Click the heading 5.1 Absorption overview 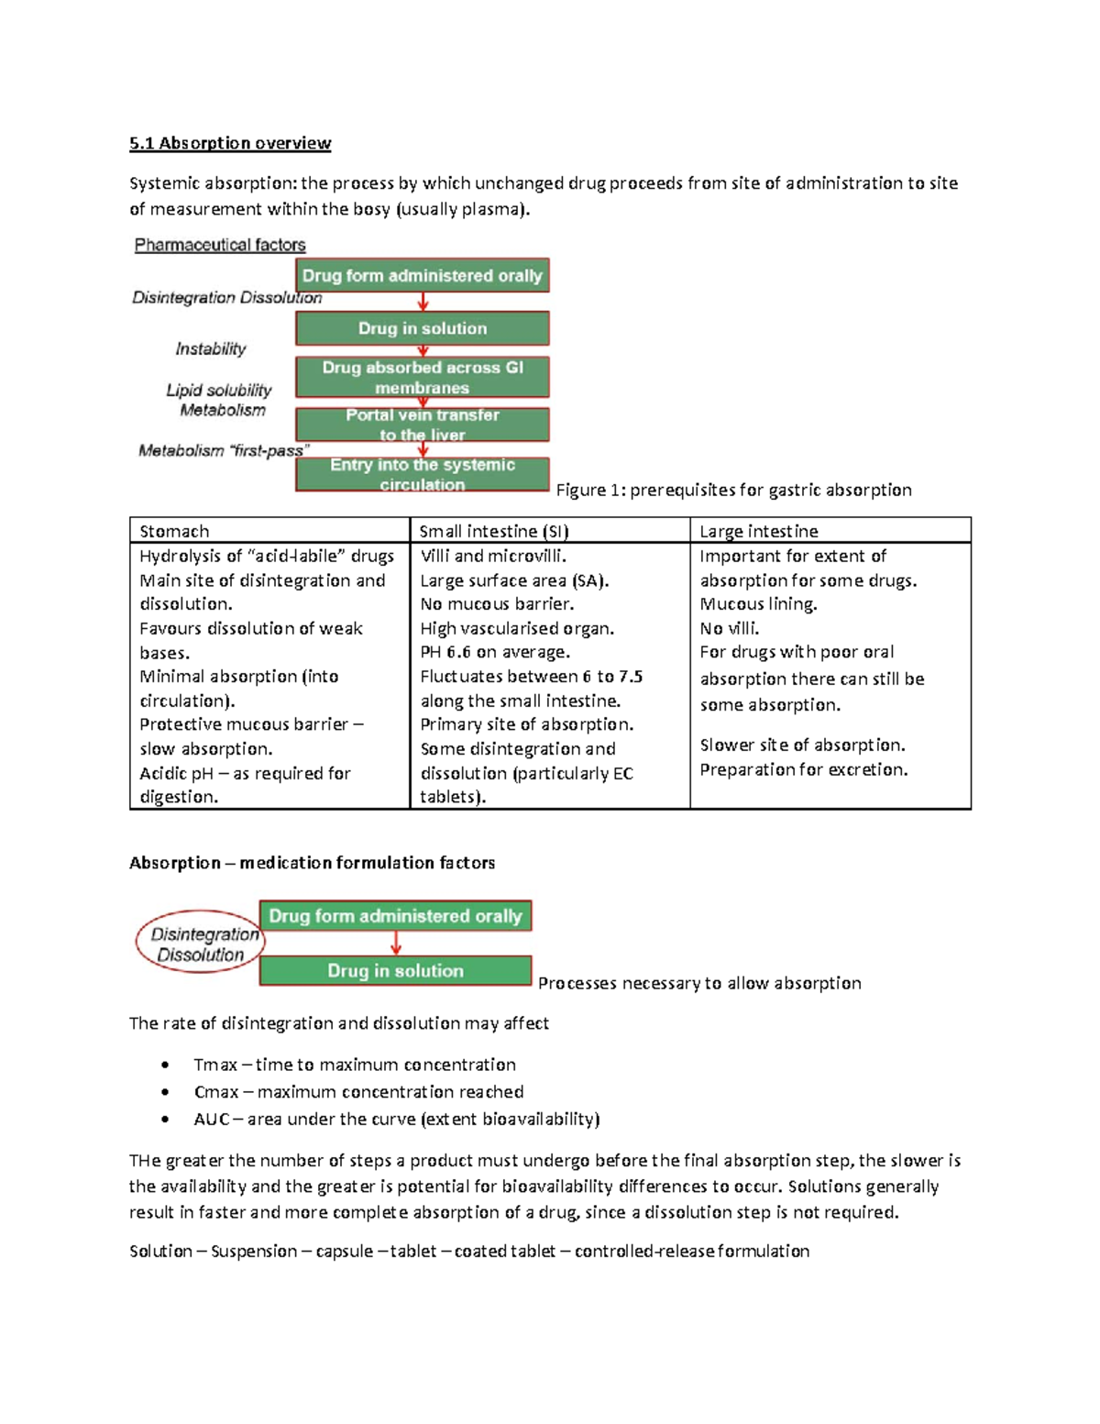(x=229, y=143)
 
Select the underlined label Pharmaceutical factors (x=220, y=245)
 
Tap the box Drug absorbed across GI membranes (x=422, y=377)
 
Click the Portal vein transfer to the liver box (x=422, y=425)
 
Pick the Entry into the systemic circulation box (x=422, y=474)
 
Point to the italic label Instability (x=211, y=348)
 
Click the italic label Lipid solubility (x=219, y=390)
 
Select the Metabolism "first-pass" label (x=224, y=450)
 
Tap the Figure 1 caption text (x=733, y=490)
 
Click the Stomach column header (x=174, y=531)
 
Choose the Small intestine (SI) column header (x=493, y=531)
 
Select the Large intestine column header (x=758, y=531)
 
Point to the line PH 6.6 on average (x=495, y=652)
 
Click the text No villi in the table (x=729, y=628)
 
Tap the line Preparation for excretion (x=803, y=769)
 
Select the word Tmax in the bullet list (x=215, y=1065)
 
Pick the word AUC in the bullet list (x=212, y=1119)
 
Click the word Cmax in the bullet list (x=216, y=1092)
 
